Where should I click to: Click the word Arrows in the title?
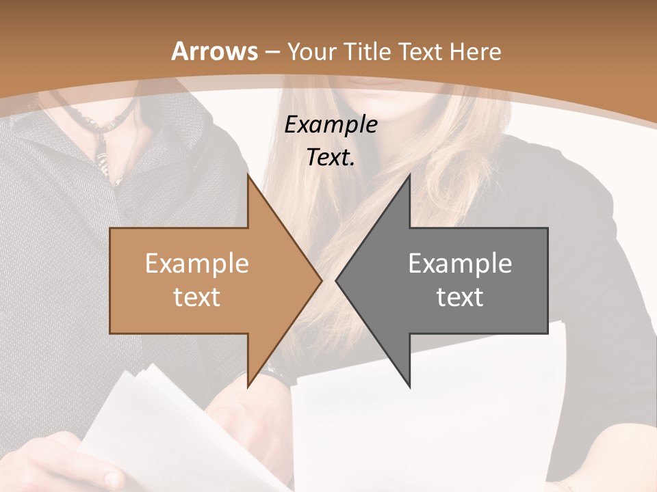click(214, 51)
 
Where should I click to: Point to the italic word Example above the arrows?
click(331, 125)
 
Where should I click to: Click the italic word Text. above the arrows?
click(331, 158)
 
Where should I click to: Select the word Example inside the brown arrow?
click(196, 264)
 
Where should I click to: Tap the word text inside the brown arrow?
click(196, 297)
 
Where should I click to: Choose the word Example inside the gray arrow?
click(460, 264)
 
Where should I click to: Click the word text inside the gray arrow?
click(460, 297)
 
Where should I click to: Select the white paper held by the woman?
click(424, 424)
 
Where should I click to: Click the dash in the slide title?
click(272, 52)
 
